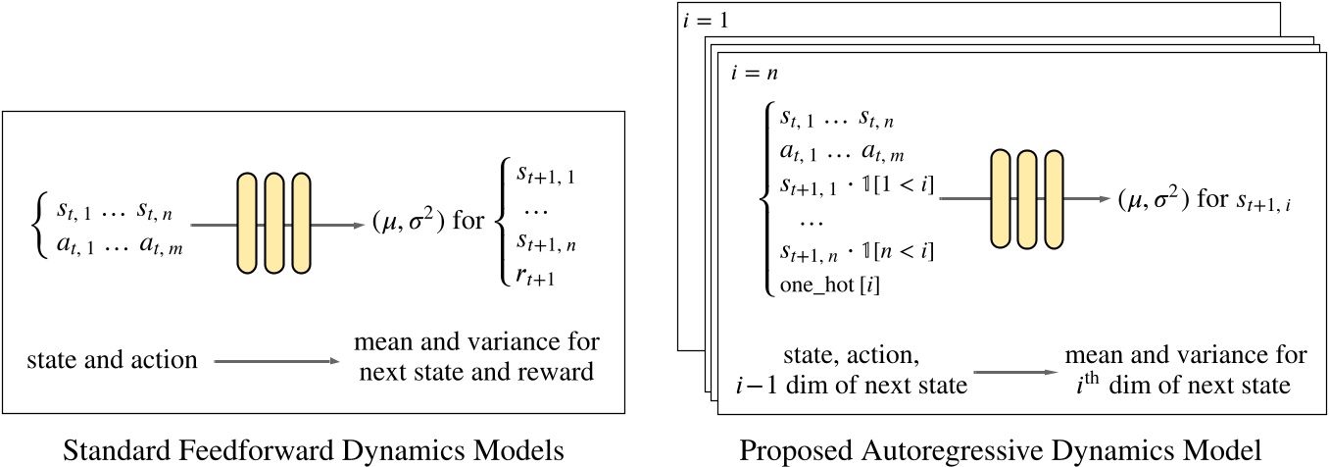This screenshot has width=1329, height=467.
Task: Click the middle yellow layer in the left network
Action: pos(273,223)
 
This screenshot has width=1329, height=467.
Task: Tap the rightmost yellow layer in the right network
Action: pos(1054,200)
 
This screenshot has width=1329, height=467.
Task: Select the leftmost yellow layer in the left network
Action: pos(247,223)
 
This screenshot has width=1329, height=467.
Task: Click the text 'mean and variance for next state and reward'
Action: pos(475,357)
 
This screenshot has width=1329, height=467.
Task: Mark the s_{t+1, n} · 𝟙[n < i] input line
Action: pos(857,251)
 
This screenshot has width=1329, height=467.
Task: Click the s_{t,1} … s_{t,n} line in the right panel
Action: pos(836,120)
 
